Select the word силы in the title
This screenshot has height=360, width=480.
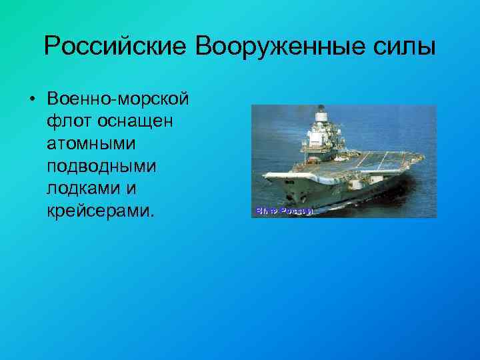pos(408,47)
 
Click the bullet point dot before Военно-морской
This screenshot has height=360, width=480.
pos(31,100)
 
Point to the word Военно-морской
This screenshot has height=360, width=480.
pos(118,99)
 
